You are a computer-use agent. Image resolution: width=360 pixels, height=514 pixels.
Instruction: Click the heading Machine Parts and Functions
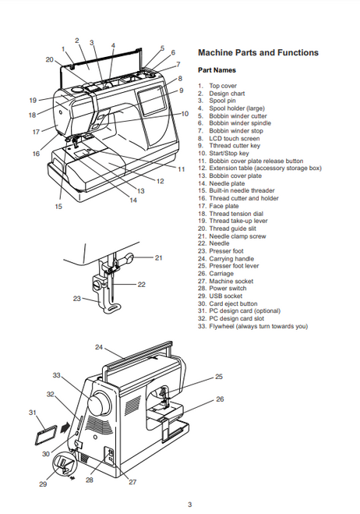pos(258,53)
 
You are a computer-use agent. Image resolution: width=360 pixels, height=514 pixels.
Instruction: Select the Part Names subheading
pos(217,70)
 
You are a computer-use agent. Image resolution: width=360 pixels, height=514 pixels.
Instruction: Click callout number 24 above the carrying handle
pos(99,347)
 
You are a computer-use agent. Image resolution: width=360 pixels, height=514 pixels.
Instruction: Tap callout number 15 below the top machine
pos(58,207)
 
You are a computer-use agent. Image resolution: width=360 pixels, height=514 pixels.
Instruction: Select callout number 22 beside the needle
pos(142,285)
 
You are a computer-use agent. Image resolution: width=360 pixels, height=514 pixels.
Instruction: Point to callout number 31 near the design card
pos(33,413)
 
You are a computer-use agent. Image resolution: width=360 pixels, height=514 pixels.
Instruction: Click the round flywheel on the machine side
pos(99,402)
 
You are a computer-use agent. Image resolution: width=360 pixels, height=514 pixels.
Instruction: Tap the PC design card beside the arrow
pos(46,435)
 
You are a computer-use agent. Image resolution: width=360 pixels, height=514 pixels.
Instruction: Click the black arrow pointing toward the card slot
pos(65,427)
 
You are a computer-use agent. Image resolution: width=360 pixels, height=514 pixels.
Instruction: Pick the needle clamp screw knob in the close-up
pos(125,259)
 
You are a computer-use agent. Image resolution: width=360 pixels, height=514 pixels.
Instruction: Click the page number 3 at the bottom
pos(189,505)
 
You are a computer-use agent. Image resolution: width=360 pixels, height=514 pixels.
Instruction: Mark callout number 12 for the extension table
pos(161,181)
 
